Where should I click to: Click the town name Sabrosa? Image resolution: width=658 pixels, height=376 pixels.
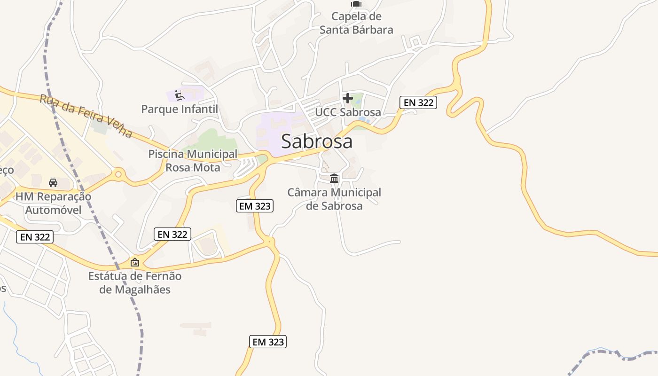click(x=316, y=141)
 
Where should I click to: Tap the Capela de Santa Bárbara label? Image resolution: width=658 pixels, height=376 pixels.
click(x=356, y=23)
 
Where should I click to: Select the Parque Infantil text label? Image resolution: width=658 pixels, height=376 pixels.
click(x=180, y=109)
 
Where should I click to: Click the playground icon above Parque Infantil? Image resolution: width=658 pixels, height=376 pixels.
click(x=179, y=95)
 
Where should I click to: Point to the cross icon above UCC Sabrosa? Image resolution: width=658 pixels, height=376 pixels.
click(x=348, y=98)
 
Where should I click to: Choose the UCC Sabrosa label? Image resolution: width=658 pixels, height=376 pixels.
click(x=348, y=112)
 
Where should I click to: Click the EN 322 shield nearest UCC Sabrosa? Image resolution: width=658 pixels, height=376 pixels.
click(x=418, y=102)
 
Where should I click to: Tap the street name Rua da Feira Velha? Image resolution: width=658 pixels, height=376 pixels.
click(x=86, y=116)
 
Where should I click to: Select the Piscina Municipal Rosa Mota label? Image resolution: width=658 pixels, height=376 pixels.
click(x=193, y=160)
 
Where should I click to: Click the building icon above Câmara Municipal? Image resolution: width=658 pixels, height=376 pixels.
click(x=334, y=178)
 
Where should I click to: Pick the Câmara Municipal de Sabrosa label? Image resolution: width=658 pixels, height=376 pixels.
click(x=334, y=199)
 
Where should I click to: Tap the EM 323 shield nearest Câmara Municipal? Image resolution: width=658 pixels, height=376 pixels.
click(x=254, y=206)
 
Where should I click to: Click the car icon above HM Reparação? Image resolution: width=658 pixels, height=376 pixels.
click(x=53, y=182)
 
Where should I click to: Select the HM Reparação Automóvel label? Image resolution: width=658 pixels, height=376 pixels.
click(x=53, y=203)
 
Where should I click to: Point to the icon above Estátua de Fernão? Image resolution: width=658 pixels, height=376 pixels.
click(x=135, y=262)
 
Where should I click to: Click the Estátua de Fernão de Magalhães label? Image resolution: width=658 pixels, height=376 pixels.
click(x=135, y=282)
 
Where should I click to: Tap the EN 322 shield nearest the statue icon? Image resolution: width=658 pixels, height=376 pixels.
click(x=172, y=234)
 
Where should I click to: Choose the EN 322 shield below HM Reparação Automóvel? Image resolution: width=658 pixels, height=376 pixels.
click(x=35, y=237)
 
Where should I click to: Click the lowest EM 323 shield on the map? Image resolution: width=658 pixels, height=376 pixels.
click(x=268, y=342)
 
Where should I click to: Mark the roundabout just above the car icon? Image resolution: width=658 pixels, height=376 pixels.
click(x=118, y=174)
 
